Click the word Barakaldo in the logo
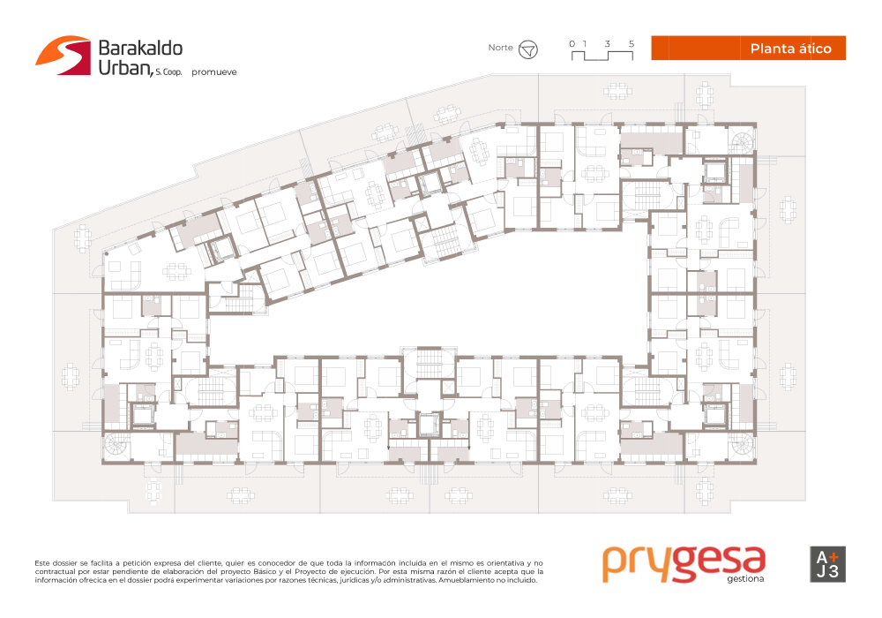click(140, 49)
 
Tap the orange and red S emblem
click(64, 55)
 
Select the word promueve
click(213, 72)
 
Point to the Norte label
click(500, 48)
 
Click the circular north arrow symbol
click(527, 50)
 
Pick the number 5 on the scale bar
click(632, 44)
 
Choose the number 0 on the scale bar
click(572, 44)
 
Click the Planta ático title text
click(790, 49)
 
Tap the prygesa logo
click(684, 563)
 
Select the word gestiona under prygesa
click(745, 579)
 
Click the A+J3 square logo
click(827, 564)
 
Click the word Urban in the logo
click(124, 67)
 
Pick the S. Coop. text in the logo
click(168, 72)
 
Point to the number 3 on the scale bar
click(607, 44)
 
